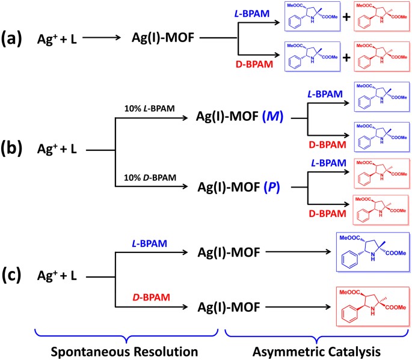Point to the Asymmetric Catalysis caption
point(317,349)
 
